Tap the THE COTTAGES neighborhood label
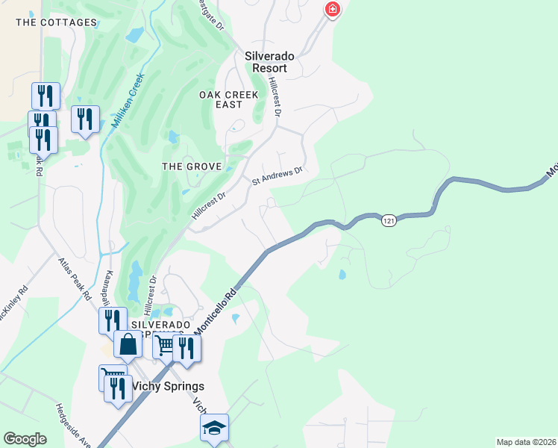[57, 22]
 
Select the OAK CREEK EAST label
[228, 99]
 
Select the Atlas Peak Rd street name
[75, 281]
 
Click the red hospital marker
[332, 10]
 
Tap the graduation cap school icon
[214, 428]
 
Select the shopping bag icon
[128, 344]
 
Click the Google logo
[25, 439]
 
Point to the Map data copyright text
[526, 442]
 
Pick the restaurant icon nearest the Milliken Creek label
[85, 118]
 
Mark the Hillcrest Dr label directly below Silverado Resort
[275, 97]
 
